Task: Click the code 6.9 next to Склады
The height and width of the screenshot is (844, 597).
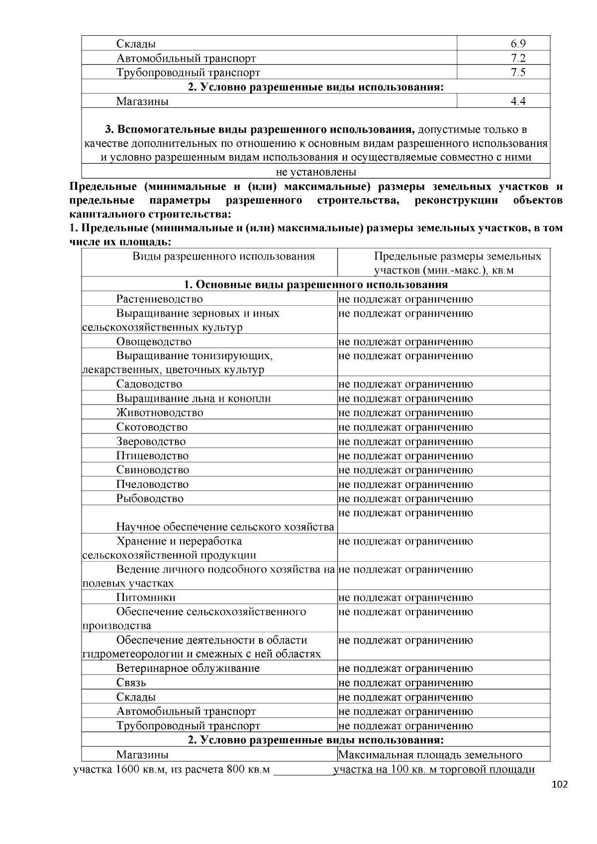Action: pos(518,44)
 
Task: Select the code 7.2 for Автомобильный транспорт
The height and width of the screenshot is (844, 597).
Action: pos(518,58)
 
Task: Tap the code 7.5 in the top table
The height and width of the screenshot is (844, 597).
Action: pos(518,73)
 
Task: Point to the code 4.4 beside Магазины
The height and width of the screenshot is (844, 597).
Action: pos(518,101)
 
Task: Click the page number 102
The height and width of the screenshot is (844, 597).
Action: pos(560,784)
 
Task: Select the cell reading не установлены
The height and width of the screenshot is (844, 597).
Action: pos(316,172)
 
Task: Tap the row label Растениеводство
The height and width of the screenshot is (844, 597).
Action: pos(160,299)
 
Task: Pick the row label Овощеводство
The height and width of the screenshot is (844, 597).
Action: pos(154,341)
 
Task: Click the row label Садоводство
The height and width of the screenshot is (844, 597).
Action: pos(149,384)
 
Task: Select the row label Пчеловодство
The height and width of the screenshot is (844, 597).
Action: pos(152,484)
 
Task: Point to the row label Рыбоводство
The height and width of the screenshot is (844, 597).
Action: pos(150,498)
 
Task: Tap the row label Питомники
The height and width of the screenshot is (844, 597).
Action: pos(146,597)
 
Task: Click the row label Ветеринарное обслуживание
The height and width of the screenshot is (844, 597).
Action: pos(188,668)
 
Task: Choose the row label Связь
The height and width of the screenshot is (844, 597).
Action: pos(131,682)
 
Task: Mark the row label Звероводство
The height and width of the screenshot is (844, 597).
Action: pos(151,441)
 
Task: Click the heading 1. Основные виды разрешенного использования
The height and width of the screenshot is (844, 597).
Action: pos(316,284)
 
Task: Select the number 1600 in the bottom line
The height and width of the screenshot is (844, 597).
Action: pos(128,770)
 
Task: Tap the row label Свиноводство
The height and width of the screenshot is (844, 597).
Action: pos(153,470)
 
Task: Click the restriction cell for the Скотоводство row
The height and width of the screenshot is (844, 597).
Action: pos(405,427)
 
